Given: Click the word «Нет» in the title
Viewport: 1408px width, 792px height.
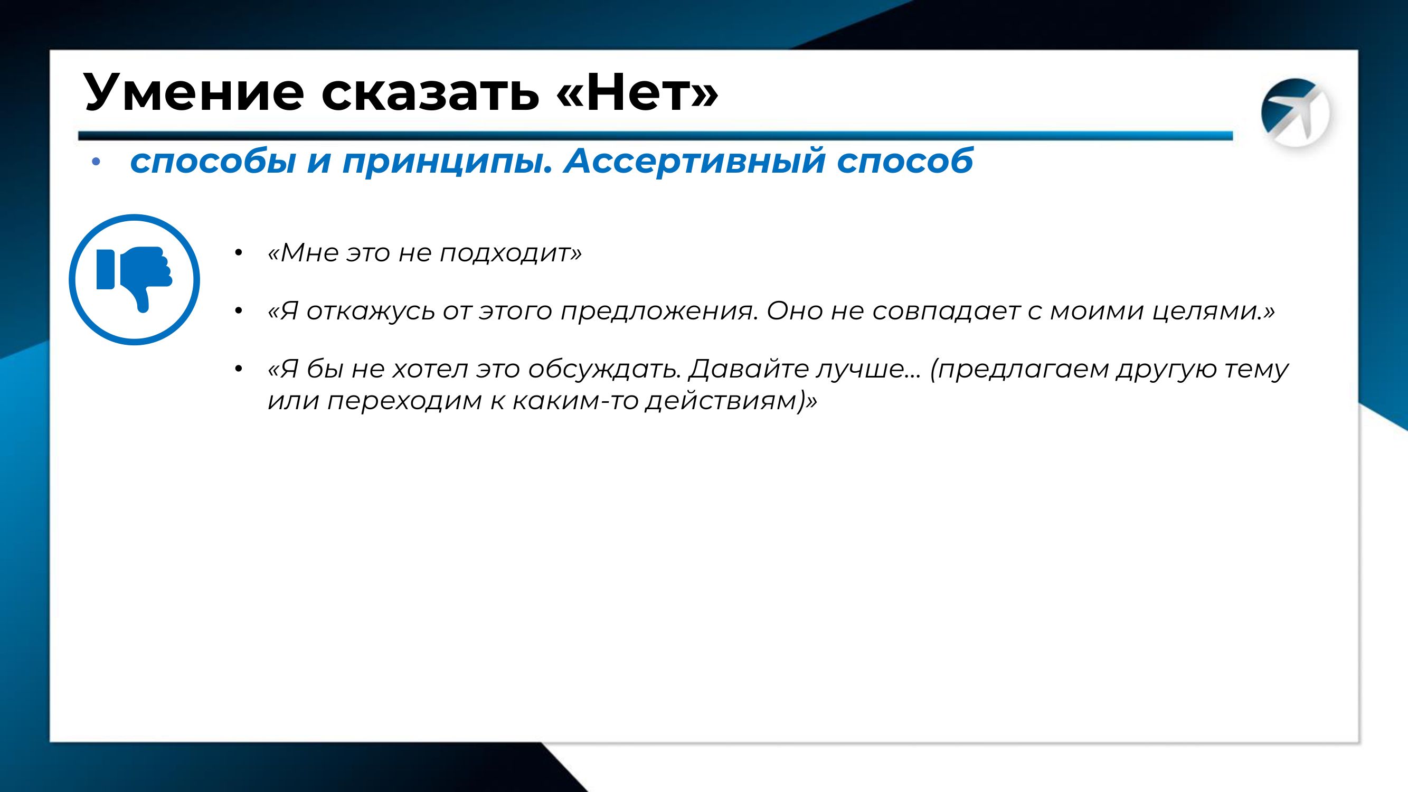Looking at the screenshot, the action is click(x=637, y=92).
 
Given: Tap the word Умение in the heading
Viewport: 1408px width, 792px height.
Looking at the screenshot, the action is click(x=194, y=92).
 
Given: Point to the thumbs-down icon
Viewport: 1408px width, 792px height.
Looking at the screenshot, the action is click(x=135, y=279).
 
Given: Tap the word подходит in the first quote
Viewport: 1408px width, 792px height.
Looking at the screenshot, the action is click(x=511, y=253).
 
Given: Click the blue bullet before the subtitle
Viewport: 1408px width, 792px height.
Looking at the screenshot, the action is click(x=97, y=162).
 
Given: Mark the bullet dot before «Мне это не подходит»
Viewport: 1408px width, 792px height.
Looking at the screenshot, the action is click(x=237, y=253).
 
